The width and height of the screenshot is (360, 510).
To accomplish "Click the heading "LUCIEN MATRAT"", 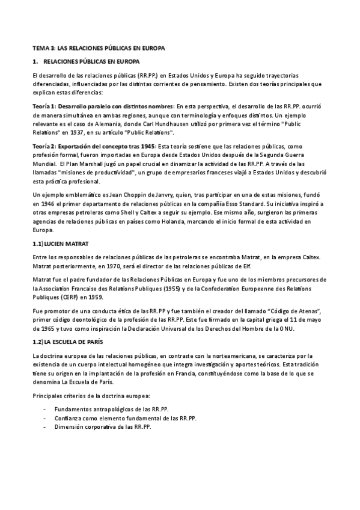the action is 68,244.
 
